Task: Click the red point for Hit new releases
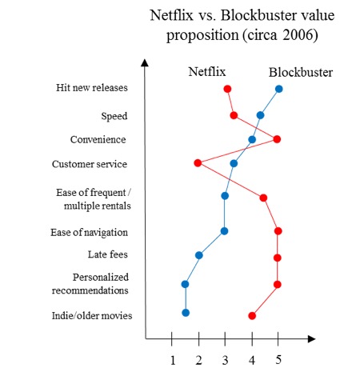click(x=227, y=89)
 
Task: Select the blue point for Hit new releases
click(x=278, y=89)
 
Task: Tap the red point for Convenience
click(x=277, y=139)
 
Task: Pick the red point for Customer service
click(x=198, y=163)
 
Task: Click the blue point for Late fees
click(x=199, y=255)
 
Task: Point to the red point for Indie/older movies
click(x=252, y=316)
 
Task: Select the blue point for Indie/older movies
click(x=186, y=313)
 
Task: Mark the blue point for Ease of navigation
click(x=225, y=231)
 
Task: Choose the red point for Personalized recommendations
click(x=278, y=285)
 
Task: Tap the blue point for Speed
click(x=261, y=115)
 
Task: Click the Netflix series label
click(x=207, y=72)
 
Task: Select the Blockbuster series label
click(x=301, y=72)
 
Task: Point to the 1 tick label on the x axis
click(x=173, y=361)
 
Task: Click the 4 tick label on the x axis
click(x=252, y=361)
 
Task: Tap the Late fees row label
click(x=108, y=254)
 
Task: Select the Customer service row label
click(x=90, y=164)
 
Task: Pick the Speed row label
click(x=114, y=116)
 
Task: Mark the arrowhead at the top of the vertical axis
click(x=145, y=62)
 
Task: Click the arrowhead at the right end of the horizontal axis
click(x=312, y=339)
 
